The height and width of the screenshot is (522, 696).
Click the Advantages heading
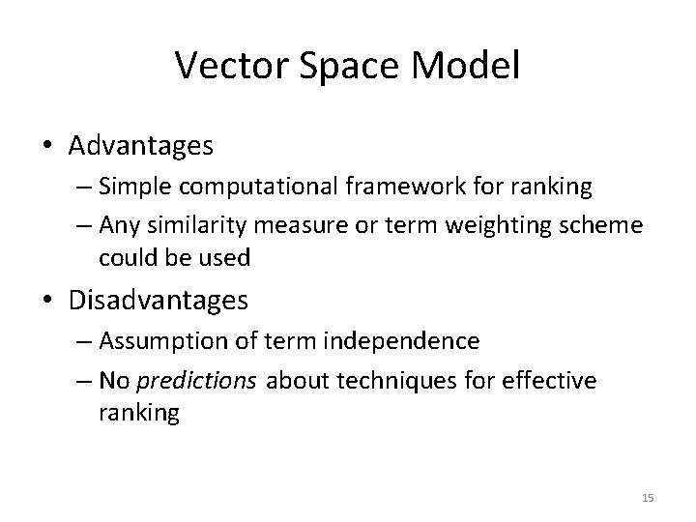141,147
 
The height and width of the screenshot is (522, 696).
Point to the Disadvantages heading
159,301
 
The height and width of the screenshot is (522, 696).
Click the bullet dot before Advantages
48,148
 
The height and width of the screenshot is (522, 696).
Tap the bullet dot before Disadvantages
48,302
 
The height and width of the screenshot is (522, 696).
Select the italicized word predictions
209,380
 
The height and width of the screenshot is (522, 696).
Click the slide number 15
648,497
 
